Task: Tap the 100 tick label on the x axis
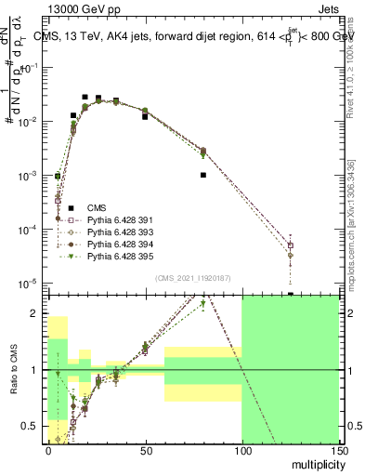pos(241,450)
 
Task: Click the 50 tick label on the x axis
pos(145,450)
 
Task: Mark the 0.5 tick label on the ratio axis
pos(34,427)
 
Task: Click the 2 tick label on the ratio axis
pos(39,313)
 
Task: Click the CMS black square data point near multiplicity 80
pos(203,174)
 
